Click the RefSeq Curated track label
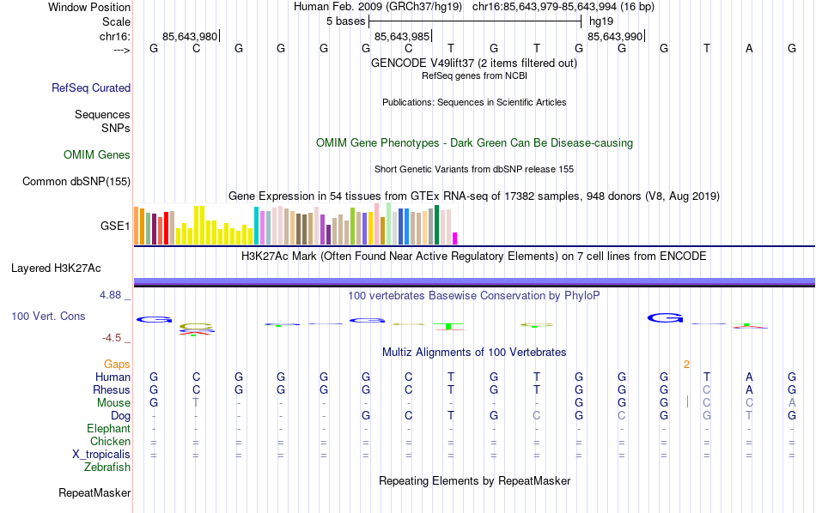coord(91,88)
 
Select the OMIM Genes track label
coord(97,155)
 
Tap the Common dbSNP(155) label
coord(76,181)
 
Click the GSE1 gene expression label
coord(115,226)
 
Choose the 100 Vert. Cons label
coord(48,317)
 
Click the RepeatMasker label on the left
coord(94,493)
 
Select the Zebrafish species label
coord(107,468)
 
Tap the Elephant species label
coord(108,429)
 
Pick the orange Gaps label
coord(117,365)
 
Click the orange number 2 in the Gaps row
coord(686,365)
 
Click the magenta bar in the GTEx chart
coord(455,238)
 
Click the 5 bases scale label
coord(345,21)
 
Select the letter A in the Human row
coord(749,377)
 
